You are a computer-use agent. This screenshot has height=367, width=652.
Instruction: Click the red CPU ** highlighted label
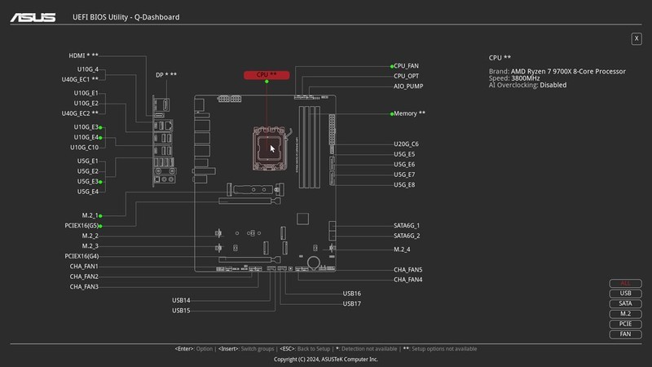(x=267, y=74)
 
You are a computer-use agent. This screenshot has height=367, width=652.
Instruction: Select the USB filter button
(x=625, y=294)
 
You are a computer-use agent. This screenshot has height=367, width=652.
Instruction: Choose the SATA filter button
(x=625, y=303)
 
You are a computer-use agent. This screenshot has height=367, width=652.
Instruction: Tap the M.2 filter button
(x=625, y=314)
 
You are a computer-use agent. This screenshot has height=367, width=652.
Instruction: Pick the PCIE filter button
(x=625, y=324)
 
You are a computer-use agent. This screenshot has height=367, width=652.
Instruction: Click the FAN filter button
(x=625, y=334)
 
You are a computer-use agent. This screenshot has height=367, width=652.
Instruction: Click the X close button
(x=636, y=38)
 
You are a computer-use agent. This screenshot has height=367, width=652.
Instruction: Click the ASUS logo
(x=33, y=16)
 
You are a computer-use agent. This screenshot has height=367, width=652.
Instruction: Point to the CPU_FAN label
(x=406, y=65)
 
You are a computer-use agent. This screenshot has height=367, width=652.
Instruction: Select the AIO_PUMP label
(x=408, y=86)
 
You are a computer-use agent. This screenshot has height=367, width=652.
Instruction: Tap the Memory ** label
(x=409, y=113)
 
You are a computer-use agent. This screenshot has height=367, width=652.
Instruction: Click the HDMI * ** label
(x=83, y=56)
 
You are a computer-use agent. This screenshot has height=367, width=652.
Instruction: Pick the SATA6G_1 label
(x=407, y=225)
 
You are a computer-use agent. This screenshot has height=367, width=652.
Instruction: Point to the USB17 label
(x=351, y=303)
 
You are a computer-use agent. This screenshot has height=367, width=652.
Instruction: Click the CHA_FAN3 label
(x=84, y=287)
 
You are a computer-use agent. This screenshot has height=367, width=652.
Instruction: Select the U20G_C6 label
(x=406, y=144)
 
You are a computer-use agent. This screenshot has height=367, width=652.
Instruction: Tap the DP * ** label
(x=166, y=75)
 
